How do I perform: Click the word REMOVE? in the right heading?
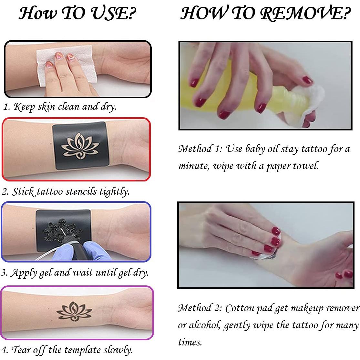pos(305,13)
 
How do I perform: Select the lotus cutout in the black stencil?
pos(80,146)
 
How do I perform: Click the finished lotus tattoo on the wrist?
pos(74,311)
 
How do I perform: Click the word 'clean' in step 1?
pos(68,107)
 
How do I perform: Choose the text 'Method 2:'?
pos(200,308)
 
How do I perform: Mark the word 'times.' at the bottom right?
pos(190,342)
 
